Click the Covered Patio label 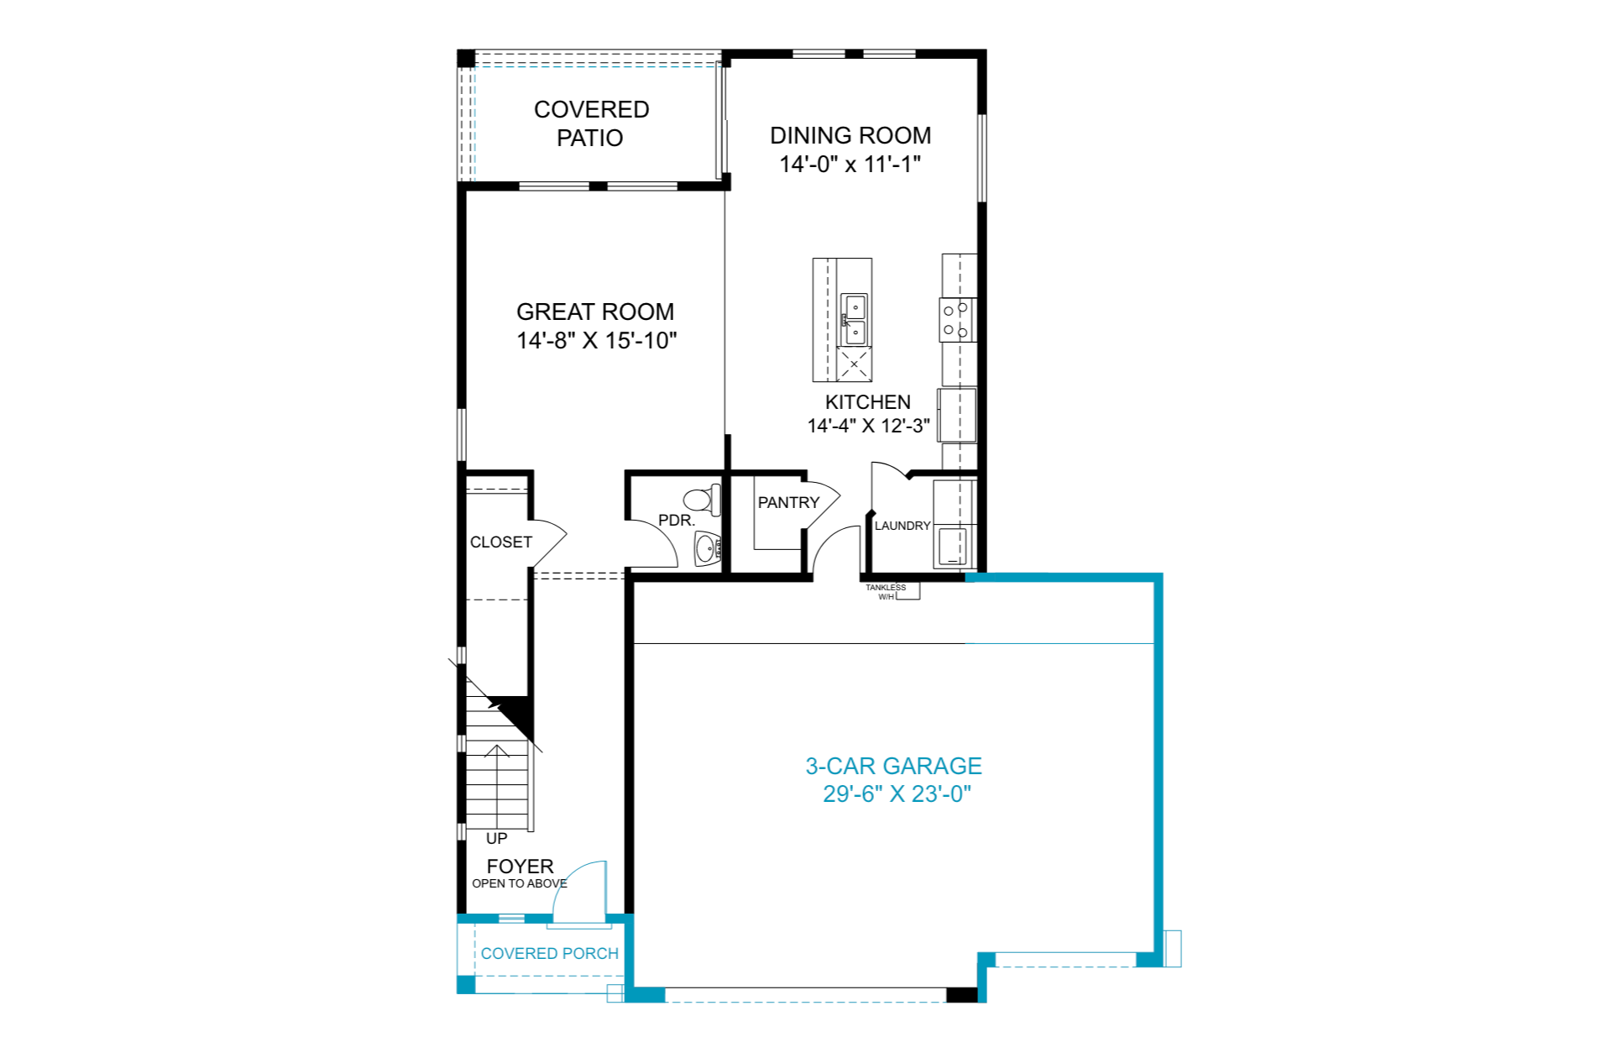coord(591,123)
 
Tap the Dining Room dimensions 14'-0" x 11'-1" coord(850,165)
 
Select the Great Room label coord(595,312)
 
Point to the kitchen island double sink coord(855,319)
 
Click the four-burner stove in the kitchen coord(956,320)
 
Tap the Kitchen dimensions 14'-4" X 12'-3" coord(868,426)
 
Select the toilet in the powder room coord(702,500)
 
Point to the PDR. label coord(677,521)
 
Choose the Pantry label coord(788,502)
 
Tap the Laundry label coord(903,526)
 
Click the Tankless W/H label coord(886,592)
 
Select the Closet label coord(501,542)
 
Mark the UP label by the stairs coord(496,838)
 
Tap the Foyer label coord(520,866)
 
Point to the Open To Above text coord(520,883)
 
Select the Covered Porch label coord(549,954)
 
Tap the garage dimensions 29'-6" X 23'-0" coord(897,794)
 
